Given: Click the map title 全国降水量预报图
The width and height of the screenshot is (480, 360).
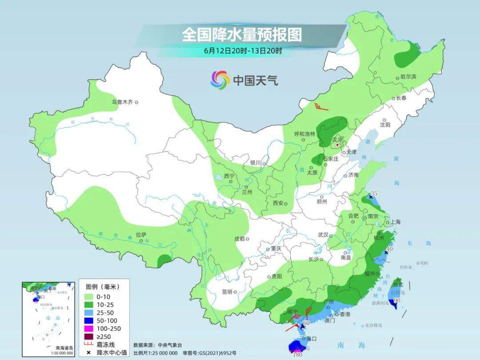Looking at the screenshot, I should tap(242, 34).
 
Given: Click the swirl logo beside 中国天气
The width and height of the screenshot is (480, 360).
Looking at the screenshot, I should tap(220, 80).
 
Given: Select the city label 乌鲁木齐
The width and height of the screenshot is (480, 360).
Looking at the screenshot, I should tap(122, 102).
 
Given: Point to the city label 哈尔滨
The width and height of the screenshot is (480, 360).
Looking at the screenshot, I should tap(408, 77).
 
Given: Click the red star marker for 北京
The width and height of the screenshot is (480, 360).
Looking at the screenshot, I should tap(337, 144).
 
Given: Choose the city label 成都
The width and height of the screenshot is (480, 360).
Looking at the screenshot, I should tap(240, 239).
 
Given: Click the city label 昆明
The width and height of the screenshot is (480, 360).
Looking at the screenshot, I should tap(227, 292).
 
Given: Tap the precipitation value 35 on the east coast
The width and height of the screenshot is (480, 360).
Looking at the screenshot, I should tap(374, 193).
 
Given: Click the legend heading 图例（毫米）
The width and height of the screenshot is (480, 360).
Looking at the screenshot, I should tap(100, 286).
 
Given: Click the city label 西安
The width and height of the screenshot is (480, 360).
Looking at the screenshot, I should tap(278, 203).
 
